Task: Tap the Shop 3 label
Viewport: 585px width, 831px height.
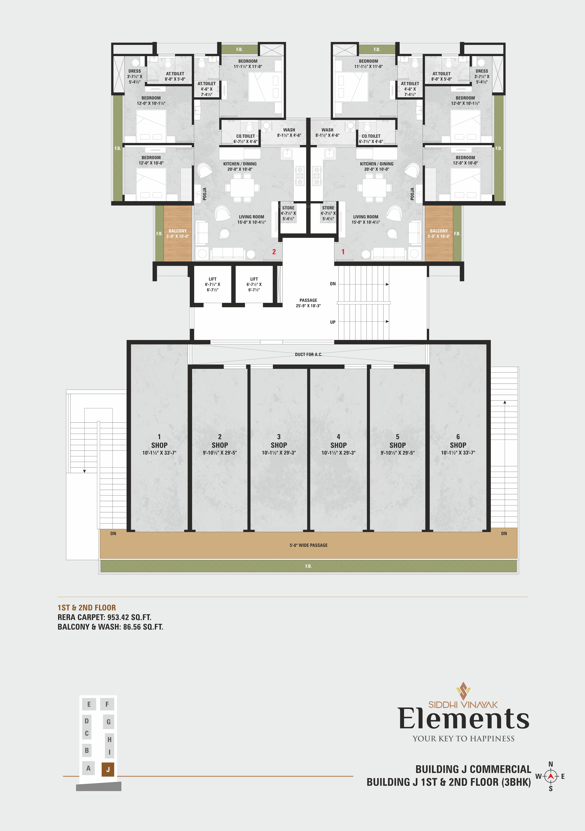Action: (279, 445)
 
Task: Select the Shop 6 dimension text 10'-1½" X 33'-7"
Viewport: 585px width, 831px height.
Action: (458, 453)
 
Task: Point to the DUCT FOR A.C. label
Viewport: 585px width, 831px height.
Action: (308, 354)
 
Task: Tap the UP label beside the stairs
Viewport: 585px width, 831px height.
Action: (333, 322)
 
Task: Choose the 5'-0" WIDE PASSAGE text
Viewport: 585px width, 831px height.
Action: (308, 545)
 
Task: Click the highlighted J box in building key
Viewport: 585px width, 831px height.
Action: (108, 769)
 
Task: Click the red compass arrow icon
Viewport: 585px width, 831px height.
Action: (551, 776)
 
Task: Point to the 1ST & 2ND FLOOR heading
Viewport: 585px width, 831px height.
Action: (87, 608)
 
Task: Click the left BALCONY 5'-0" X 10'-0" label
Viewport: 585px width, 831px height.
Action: (178, 233)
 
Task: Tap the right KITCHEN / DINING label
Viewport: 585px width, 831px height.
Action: (376, 164)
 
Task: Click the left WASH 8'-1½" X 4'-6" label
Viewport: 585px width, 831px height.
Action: (289, 132)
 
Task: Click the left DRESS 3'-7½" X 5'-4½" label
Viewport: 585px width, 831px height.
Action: (135, 76)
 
